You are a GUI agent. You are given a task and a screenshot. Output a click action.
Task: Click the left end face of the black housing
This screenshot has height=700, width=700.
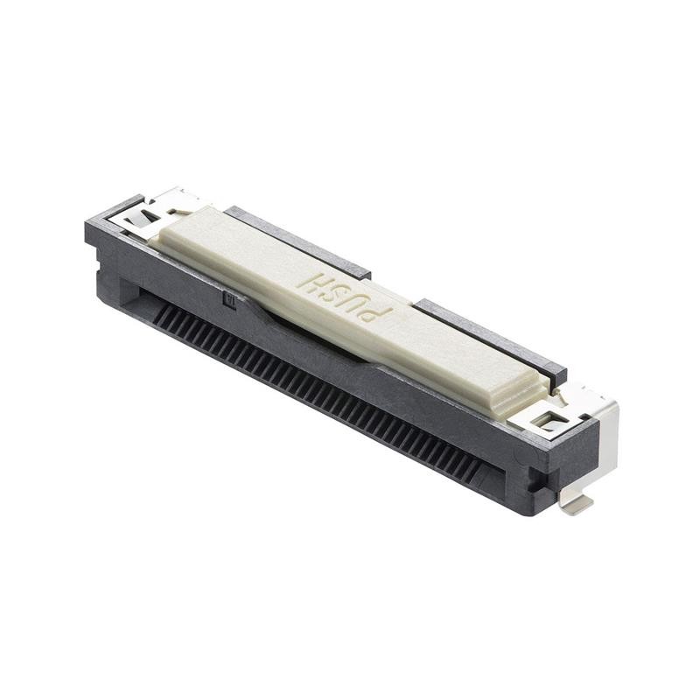coord(101,254)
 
